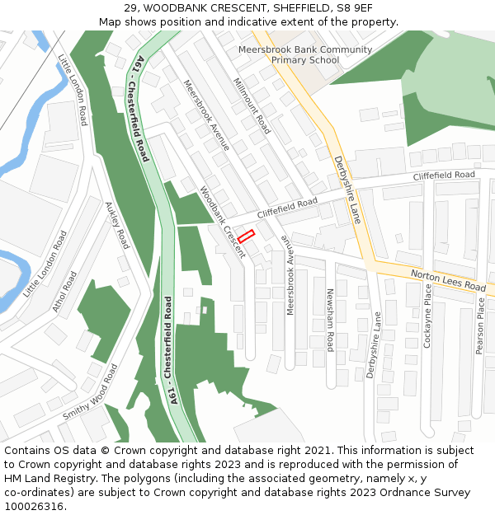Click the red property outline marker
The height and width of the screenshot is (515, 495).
pyautogui.click(x=246, y=236)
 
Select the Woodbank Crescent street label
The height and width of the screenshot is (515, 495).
pyautogui.click(x=222, y=222)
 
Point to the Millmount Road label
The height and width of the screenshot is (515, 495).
pyautogui.click(x=251, y=106)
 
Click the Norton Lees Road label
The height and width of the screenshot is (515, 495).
pyautogui.click(x=448, y=280)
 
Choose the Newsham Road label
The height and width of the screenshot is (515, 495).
pyautogui.click(x=329, y=320)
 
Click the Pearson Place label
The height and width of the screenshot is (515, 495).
pyautogui.click(x=480, y=326)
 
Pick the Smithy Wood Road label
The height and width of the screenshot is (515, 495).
pyautogui.click(x=90, y=392)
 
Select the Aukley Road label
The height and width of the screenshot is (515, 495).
pyautogui.click(x=117, y=226)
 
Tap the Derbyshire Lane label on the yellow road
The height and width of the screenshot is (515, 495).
pyautogui.click(x=348, y=190)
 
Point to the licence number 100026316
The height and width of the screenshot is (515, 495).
pyautogui.click(x=35, y=506)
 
